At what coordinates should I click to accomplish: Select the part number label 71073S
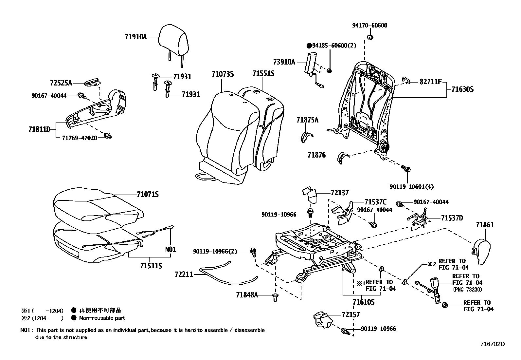[223, 74]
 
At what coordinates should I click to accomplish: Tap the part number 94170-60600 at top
[369, 26]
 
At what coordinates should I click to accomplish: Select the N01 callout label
[171, 249]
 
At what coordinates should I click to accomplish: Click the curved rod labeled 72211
[229, 275]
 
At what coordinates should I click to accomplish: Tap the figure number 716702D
[492, 344]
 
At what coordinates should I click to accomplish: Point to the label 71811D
[39, 129]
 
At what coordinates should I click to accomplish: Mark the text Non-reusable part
[102, 318]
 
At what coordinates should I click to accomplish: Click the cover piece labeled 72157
[322, 320]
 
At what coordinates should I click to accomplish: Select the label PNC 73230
[467, 289]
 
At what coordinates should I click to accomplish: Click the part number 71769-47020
[80, 138]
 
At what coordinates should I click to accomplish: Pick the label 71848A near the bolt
[247, 295]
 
